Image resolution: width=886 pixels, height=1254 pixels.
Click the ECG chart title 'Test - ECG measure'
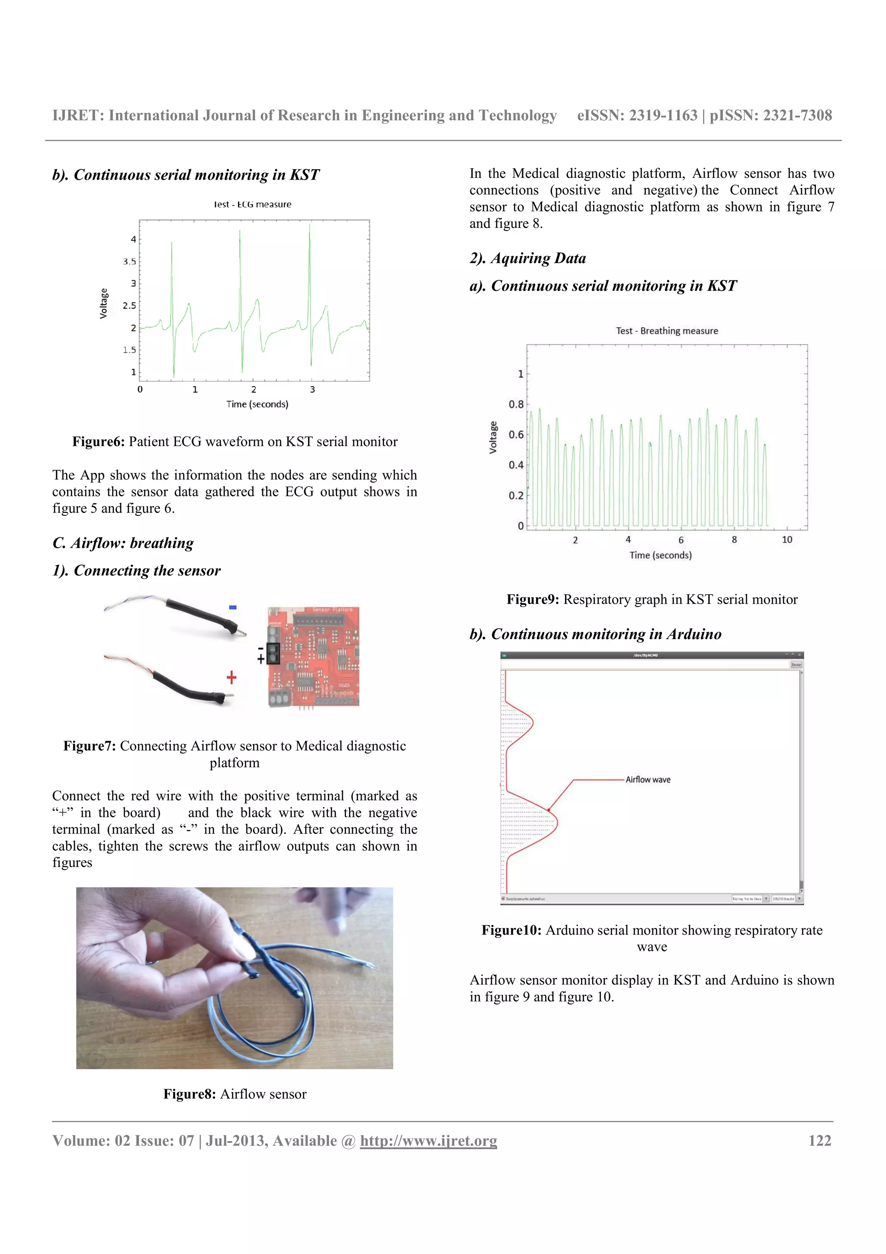pyautogui.click(x=252, y=204)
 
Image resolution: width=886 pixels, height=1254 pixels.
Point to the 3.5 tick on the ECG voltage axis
pyautogui.click(x=129, y=262)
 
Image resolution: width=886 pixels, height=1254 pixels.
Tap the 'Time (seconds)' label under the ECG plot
pyautogui.click(x=257, y=404)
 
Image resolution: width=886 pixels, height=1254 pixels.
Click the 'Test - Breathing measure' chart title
pyautogui.click(x=667, y=331)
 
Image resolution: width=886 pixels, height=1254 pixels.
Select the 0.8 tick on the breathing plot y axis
pyautogui.click(x=515, y=404)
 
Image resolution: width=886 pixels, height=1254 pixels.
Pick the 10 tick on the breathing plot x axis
pyautogui.click(x=786, y=540)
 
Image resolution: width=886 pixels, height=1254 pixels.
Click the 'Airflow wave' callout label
pyautogui.click(x=648, y=779)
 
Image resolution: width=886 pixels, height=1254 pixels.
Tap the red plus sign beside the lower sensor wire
pyautogui.click(x=231, y=677)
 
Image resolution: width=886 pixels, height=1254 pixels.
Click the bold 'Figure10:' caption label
pyautogui.click(x=511, y=930)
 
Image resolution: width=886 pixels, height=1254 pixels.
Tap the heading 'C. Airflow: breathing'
pyautogui.click(x=123, y=543)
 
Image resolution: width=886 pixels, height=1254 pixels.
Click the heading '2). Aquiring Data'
pyautogui.click(x=527, y=258)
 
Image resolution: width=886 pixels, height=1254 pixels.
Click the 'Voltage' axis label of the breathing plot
pyautogui.click(x=493, y=437)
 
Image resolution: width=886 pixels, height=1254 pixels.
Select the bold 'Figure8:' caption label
pyautogui.click(x=189, y=1094)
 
